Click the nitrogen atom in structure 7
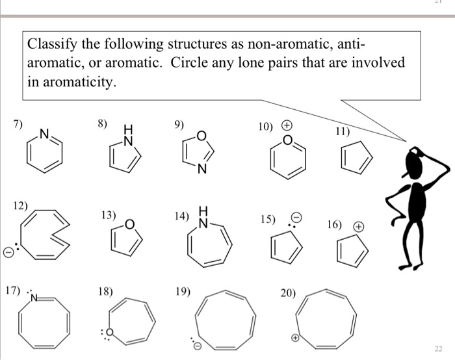[44, 135]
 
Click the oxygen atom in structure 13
[129, 225]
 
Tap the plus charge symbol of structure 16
[357, 227]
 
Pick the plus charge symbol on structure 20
[294, 338]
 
